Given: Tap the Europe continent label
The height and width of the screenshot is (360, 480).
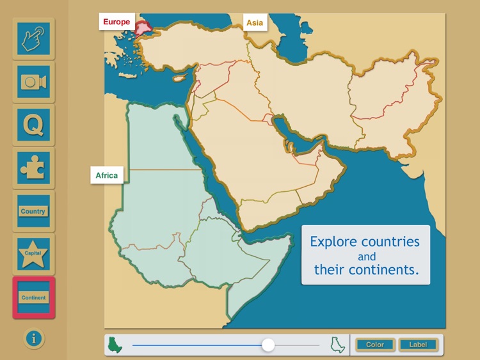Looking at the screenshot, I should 116,22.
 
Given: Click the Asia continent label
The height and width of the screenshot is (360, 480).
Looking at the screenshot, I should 255,23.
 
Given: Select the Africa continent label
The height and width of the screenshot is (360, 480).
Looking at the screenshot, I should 107,175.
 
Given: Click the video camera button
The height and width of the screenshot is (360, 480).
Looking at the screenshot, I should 33,82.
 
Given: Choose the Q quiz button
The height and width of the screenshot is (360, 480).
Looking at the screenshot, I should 33,125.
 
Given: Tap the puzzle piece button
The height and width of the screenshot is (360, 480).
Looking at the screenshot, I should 33,168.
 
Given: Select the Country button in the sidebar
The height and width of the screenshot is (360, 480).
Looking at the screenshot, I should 33,211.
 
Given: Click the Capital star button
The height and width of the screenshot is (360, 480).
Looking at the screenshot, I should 33,253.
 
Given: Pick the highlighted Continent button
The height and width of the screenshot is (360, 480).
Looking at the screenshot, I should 33,297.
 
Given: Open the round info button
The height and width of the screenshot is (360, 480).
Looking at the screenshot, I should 33,339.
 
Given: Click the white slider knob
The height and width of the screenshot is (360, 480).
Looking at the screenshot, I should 268,345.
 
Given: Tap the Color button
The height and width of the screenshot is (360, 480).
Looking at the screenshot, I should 375,345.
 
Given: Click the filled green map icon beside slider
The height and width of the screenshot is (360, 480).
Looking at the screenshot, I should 116,345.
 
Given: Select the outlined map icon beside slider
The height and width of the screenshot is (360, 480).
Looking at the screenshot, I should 337,345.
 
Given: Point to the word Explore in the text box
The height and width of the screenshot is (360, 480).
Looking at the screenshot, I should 333,242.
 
